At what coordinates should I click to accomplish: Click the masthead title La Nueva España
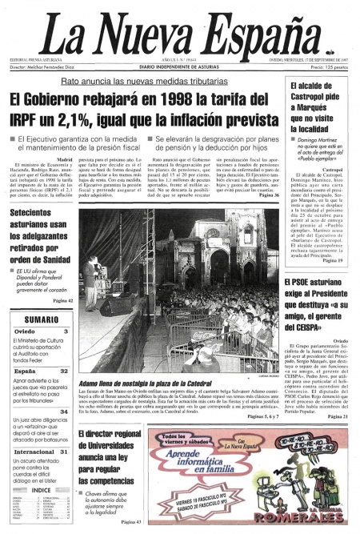(x=179, y=33)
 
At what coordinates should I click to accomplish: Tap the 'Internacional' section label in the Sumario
(x=34, y=452)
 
